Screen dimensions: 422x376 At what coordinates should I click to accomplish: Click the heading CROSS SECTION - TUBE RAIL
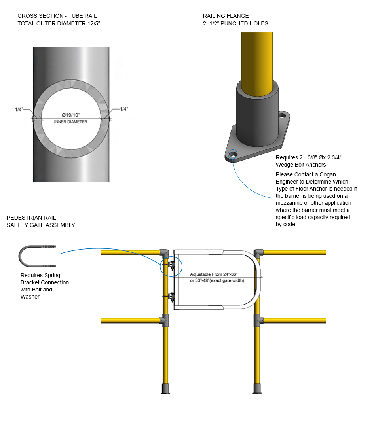point(58,16)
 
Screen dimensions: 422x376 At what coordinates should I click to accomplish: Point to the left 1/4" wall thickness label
point(19,109)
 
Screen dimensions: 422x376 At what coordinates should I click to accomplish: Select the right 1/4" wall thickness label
point(124,109)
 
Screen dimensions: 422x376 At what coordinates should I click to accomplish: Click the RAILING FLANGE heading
point(226,16)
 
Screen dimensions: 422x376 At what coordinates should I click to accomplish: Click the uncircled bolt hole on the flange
point(282,116)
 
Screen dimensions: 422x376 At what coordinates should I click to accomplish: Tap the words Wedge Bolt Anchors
point(301,165)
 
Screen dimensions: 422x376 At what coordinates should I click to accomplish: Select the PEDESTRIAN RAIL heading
point(31,218)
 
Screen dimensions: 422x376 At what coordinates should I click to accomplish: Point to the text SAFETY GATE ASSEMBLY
point(41,225)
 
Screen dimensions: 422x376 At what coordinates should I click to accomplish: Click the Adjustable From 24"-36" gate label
point(214,274)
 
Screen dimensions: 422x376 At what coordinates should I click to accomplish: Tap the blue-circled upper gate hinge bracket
point(171,266)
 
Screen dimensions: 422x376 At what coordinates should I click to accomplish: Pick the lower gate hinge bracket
point(171,297)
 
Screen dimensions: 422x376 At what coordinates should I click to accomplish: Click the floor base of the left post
point(165,388)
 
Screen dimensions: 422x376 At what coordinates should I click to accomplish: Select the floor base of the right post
point(257,388)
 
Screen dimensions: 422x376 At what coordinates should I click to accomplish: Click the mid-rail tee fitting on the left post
point(165,320)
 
